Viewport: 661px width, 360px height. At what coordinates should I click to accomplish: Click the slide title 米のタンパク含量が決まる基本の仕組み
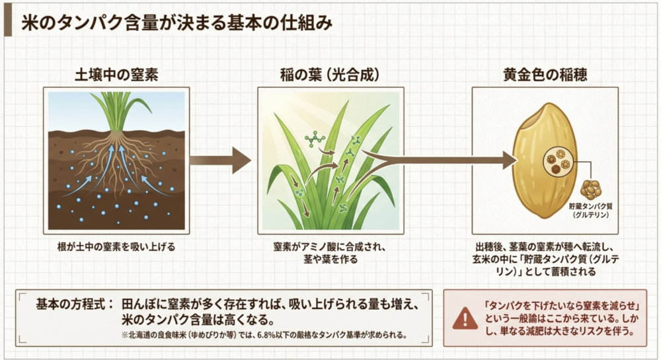coord(177,23)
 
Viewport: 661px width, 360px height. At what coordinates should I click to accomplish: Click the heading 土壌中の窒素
coord(116,75)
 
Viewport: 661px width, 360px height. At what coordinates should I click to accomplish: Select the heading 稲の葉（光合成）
coord(330,75)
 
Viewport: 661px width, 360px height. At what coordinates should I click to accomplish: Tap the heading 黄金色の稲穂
coord(545,75)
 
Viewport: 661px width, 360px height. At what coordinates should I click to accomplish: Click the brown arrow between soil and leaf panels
coord(220,161)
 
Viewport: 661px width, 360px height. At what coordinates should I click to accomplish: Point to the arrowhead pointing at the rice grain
coord(509,161)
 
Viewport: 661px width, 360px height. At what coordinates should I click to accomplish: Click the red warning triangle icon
coord(465,319)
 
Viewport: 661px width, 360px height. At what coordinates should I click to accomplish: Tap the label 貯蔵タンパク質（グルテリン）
coord(590,211)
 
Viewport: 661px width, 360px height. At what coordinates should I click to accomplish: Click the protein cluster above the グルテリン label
coord(591,190)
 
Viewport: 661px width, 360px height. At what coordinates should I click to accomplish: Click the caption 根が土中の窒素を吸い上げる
coord(116,247)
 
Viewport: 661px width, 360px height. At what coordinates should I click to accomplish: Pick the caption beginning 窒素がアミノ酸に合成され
coord(330,253)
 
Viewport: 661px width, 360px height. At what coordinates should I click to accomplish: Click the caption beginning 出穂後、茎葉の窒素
coord(545,259)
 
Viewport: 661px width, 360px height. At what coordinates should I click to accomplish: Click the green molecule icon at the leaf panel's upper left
coord(315,139)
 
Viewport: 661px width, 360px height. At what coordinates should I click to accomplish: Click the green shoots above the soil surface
coord(118,111)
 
